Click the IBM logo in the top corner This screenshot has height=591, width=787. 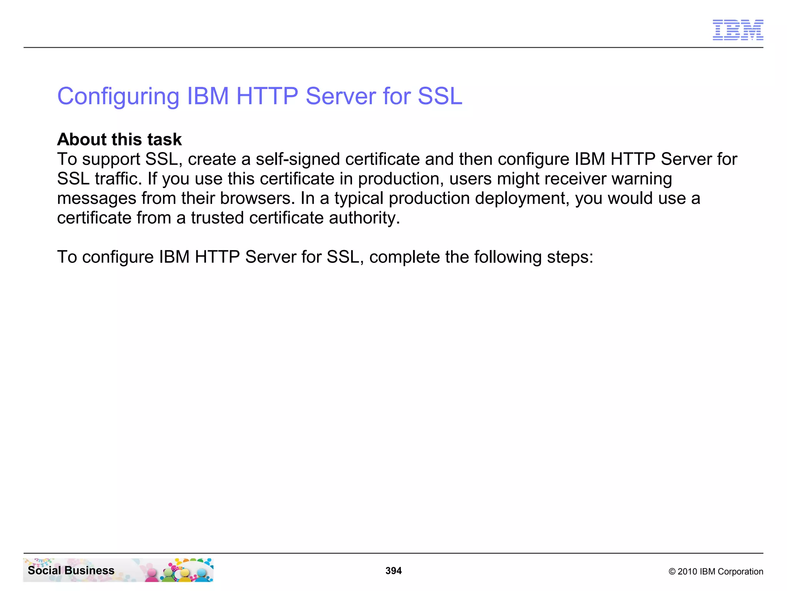click(x=738, y=30)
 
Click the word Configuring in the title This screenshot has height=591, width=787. click(x=118, y=96)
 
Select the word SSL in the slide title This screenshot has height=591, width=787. click(x=440, y=96)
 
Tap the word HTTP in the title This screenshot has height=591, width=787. click(x=267, y=96)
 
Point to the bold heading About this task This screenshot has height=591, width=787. click(x=119, y=139)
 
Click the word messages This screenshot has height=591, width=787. click(x=96, y=199)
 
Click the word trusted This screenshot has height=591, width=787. click(x=218, y=218)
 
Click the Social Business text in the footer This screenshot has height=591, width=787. click(x=71, y=570)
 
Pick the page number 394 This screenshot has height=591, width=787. click(x=393, y=571)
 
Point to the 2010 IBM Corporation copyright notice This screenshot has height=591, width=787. click(x=716, y=571)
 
